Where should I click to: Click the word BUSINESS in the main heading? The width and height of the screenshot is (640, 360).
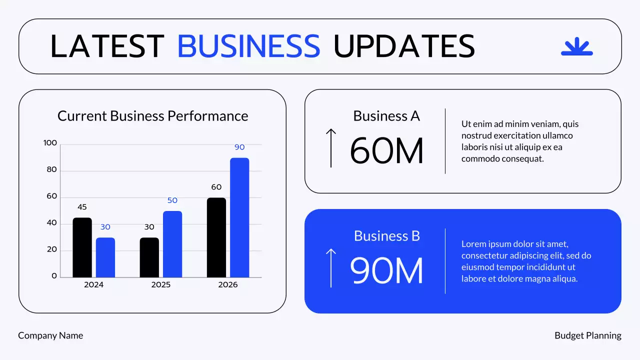tap(248, 46)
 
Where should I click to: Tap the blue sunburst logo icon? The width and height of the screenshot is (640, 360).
tap(576, 46)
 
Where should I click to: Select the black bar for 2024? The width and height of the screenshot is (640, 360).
tap(82, 247)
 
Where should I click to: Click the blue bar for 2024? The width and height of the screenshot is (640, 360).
tap(105, 257)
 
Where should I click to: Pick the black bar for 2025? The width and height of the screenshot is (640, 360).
tap(149, 257)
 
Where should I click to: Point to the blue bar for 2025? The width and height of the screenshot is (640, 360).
tap(172, 244)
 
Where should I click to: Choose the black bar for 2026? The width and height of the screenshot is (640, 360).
tap(216, 237)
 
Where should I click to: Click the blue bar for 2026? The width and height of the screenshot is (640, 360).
tap(239, 217)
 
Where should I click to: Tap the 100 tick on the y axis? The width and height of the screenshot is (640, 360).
tap(50, 143)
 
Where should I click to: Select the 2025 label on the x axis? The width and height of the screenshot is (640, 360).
tap(161, 284)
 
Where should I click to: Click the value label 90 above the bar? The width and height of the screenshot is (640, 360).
tap(239, 147)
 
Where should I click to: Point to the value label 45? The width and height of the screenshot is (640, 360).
tap(82, 207)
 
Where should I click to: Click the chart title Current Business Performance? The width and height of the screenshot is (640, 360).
tap(152, 116)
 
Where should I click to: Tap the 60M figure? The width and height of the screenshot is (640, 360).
tap(386, 150)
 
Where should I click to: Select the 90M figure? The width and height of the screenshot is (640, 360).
tap(386, 270)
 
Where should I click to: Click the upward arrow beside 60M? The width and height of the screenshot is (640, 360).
tap(330, 147)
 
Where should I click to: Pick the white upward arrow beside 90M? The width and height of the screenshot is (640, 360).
tap(330, 267)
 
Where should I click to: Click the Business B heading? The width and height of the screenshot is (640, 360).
tap(386, 235)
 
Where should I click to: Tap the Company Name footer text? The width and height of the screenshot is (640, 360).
tap(50, 335)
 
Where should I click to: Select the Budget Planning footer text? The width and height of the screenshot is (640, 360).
tap(588, 335)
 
